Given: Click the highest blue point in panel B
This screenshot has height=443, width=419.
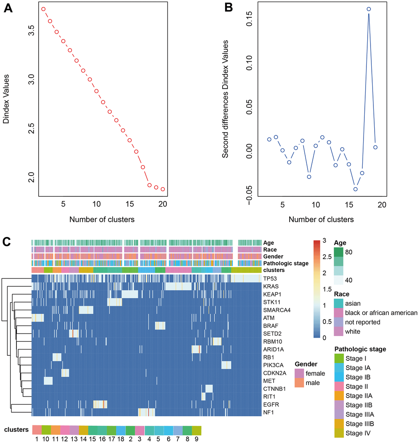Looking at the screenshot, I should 369,9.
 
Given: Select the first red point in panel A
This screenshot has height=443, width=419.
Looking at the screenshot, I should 44,9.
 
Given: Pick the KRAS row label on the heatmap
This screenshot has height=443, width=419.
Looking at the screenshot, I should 271,287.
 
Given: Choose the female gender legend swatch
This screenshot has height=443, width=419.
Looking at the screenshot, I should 299,373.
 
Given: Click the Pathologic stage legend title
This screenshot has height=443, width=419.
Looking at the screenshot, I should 360,349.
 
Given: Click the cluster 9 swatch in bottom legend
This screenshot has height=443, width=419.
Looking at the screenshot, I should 197,430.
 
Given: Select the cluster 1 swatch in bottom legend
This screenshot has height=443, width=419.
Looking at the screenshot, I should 37,430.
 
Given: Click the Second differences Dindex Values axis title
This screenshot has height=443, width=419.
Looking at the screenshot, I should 226,99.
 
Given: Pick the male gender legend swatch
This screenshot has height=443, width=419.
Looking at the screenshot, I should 299,383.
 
